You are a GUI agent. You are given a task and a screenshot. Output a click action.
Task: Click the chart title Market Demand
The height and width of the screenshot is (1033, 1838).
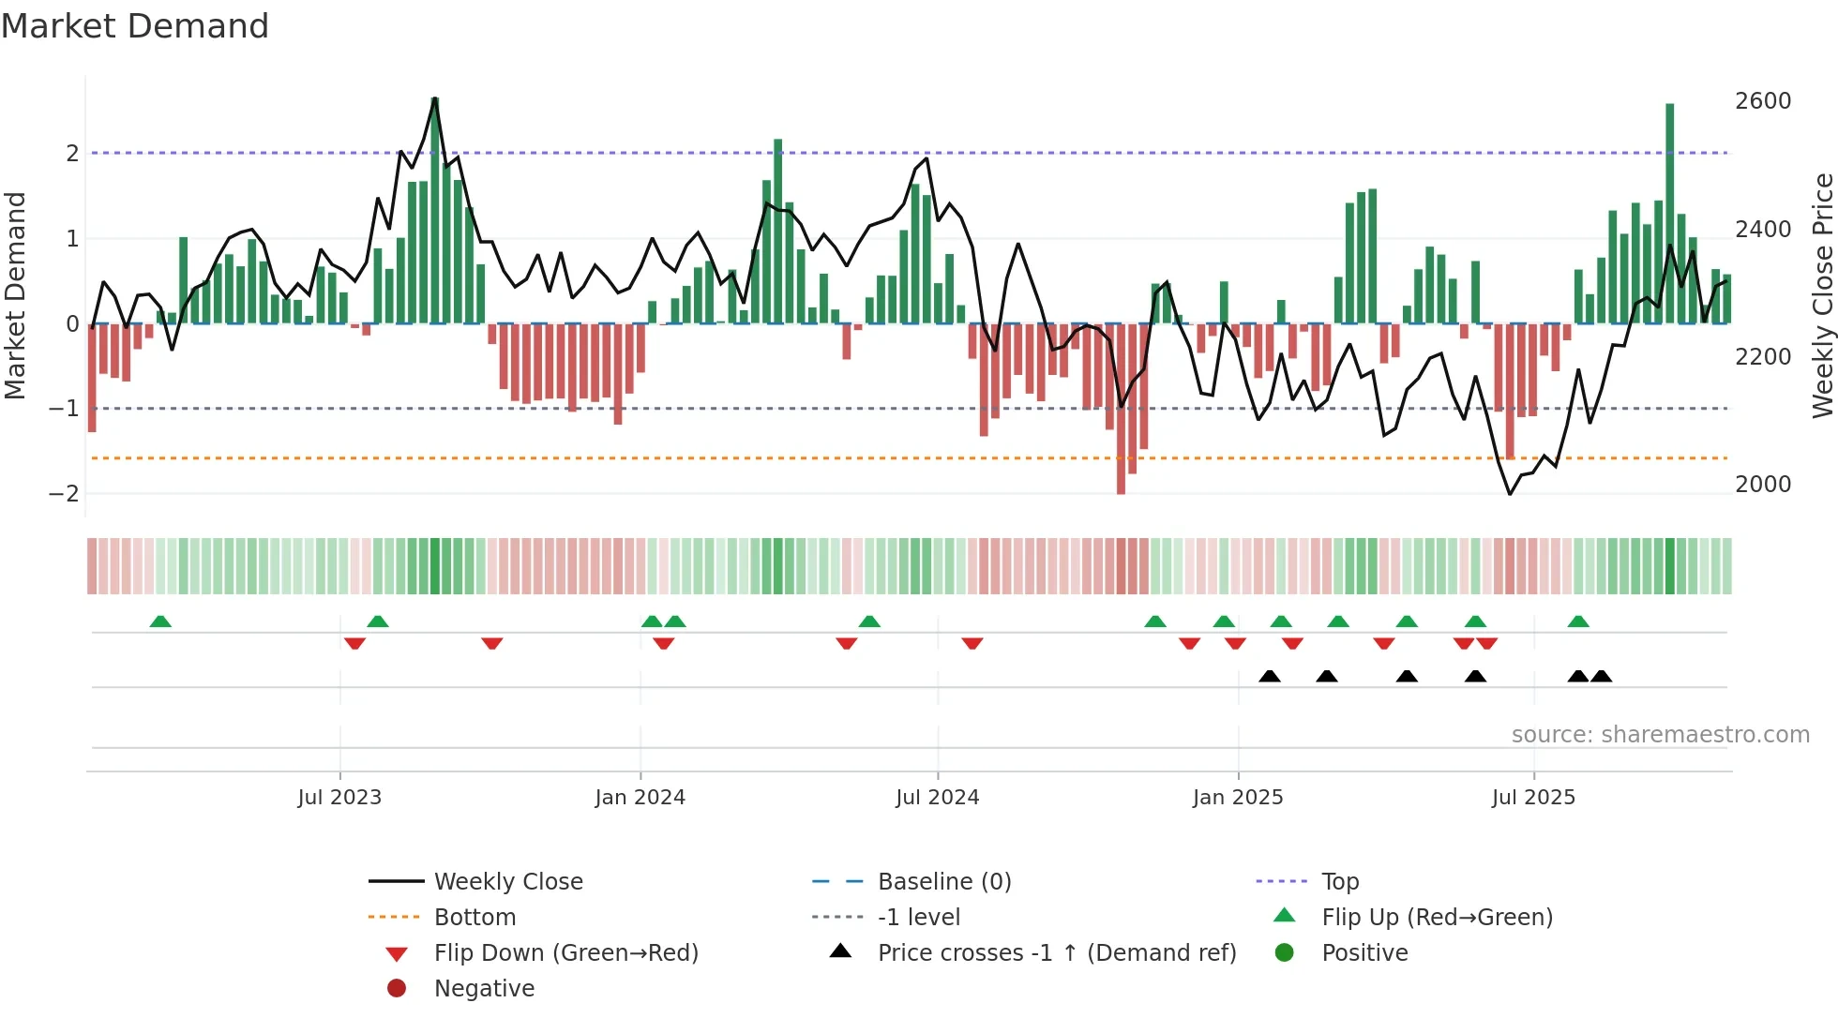pos(135,26)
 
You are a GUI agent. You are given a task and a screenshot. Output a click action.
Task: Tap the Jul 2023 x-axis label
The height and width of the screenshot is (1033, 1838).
pos(339,797)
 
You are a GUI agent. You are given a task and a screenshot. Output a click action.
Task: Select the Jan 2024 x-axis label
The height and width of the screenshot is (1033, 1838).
pos(640,797)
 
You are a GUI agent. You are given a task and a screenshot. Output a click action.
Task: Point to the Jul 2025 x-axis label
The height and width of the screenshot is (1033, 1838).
pos(1533,797)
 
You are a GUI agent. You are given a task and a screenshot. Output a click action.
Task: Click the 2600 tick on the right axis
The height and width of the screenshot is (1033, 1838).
pos(1762,101)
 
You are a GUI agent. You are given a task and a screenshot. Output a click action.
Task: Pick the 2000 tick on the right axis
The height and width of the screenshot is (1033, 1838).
pos(1762,484)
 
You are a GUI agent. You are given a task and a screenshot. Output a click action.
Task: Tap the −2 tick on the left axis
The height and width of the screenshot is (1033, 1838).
pos(64,493)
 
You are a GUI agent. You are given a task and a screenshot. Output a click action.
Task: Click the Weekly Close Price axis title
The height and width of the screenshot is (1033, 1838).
pos(1822,295)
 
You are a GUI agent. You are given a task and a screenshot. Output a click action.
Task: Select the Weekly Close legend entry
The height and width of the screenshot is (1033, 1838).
pos(507,881)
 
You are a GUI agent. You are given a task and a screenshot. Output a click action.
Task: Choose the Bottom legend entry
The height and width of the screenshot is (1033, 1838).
pos(475,917)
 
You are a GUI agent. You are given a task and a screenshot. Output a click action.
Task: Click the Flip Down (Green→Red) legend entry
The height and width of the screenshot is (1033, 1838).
pos(565,952)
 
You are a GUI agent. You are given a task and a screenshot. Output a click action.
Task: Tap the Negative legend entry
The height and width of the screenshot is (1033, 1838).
pos(484,988)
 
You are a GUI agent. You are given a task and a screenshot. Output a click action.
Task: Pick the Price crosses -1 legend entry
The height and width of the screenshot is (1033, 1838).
pos(1056,952)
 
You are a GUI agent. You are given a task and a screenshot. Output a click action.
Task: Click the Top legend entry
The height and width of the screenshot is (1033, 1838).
pos(1339,881)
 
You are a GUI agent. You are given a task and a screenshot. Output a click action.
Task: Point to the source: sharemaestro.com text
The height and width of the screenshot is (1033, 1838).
pos(1660,734)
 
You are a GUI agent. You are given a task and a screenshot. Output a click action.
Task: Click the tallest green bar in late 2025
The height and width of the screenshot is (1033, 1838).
pos(1669,216)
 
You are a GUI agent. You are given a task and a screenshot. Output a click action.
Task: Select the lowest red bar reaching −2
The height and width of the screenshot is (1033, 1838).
pos(1121,412)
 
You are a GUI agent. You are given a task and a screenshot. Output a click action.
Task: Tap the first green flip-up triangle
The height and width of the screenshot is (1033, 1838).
pos(160,621)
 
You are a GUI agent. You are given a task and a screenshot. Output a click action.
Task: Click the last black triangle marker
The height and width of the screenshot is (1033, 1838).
pos(1601,676)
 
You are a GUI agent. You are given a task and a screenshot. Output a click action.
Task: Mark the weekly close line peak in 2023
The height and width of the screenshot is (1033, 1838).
pos(435,98)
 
